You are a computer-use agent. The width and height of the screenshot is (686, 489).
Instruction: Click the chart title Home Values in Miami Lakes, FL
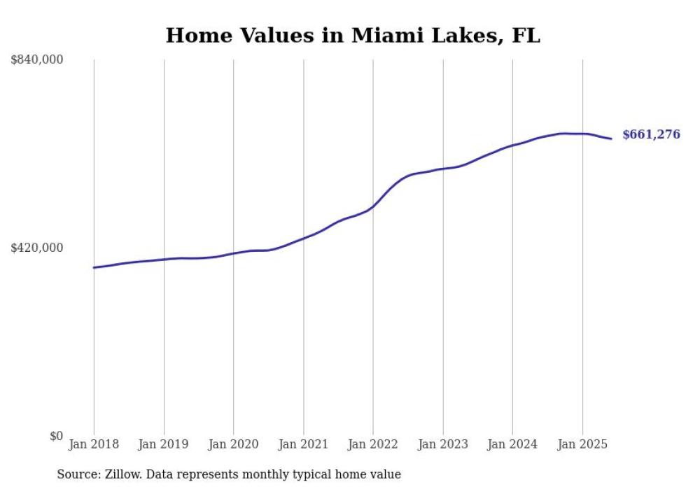coord(353,36)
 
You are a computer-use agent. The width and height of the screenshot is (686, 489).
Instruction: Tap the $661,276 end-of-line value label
coord(650,135)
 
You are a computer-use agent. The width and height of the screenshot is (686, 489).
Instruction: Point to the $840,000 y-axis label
coord(37,60)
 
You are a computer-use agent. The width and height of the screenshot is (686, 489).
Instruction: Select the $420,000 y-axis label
coord(37,248)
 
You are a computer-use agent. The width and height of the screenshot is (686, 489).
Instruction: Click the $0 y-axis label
coord(56,436)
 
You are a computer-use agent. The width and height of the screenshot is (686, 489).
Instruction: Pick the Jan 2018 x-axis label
coord(94,444)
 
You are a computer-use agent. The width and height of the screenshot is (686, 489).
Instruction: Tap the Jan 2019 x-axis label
coord(164,444)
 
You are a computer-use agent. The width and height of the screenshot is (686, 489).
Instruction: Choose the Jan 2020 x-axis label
coord(234,444)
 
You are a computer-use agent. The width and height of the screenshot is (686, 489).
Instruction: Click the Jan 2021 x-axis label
coord(303,444)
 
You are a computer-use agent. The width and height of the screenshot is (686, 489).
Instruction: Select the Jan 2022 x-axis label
coord(373,444)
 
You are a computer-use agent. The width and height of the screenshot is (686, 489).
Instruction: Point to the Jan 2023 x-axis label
coord(442,444)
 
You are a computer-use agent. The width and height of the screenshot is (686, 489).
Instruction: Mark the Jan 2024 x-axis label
coord(512,444)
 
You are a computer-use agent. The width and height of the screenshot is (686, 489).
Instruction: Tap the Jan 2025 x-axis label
coord(582,444)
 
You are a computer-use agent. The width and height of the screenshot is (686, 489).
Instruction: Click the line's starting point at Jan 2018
coord(94,267)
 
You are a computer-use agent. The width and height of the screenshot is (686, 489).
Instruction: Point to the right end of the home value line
coord(611,139)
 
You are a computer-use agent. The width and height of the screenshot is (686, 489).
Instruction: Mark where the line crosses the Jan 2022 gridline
coord(373,206)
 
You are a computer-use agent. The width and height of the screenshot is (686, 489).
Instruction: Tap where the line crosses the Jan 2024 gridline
coord(512,146)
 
